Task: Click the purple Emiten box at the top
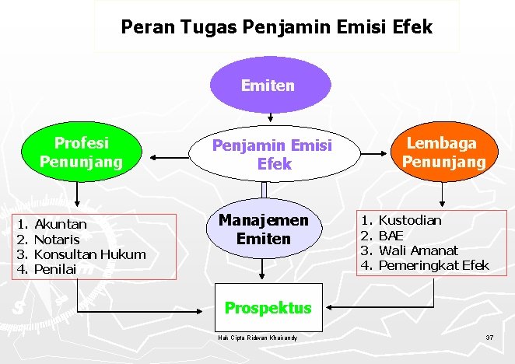[268, 85]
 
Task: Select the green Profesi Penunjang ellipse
[82, 152]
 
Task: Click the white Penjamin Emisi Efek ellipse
[272, 154]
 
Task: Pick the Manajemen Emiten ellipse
[263, 229]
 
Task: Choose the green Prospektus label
[268, 307]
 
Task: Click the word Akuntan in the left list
[61, 224]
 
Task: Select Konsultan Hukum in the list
[90, 254]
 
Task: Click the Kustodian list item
[409, 220]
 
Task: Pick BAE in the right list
[391, 235]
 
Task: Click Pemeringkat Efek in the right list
[433, 265]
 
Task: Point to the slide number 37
[489, 338]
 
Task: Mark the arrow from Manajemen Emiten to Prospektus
[265, 268]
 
